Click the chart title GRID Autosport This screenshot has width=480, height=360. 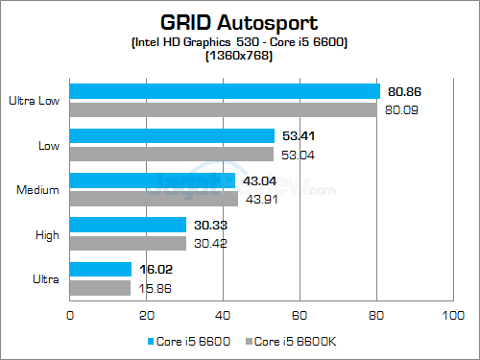[240, 20]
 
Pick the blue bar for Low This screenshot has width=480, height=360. [172, 135]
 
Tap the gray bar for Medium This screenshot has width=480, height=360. [154, 198]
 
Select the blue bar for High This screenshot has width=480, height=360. [128, 224]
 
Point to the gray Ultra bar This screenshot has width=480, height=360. [100, 287]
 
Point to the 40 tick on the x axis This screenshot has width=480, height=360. [223, 314]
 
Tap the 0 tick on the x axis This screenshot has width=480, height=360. [70, 314]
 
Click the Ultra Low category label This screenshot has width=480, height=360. [35, 99]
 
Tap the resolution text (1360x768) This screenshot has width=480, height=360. [240, 56]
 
